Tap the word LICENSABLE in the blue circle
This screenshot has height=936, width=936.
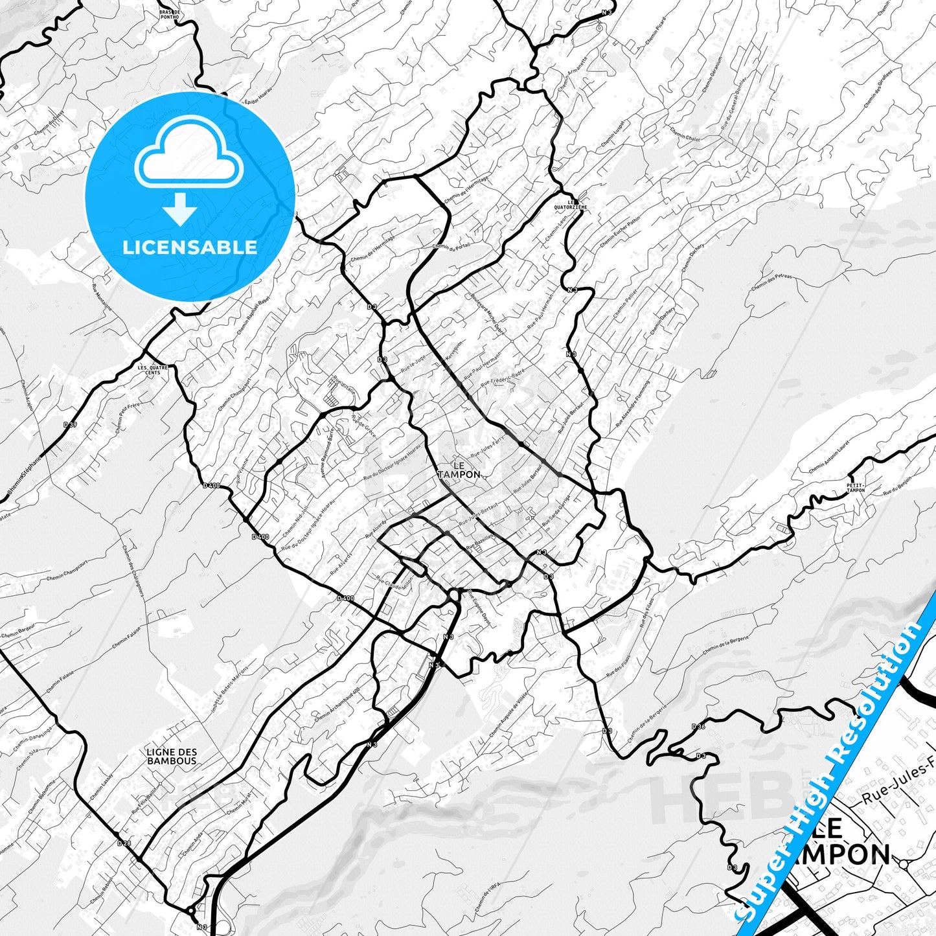pos(190,247)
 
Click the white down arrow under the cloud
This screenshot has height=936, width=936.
pos(180,209)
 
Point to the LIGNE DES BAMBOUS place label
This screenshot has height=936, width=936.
pos(172,757)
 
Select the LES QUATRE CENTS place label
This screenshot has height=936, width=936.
pos(153,370)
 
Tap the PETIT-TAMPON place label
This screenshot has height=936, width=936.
pos(856,488)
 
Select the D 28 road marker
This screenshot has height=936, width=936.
pos(124,843)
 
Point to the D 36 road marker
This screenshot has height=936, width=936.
pos(698,726)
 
